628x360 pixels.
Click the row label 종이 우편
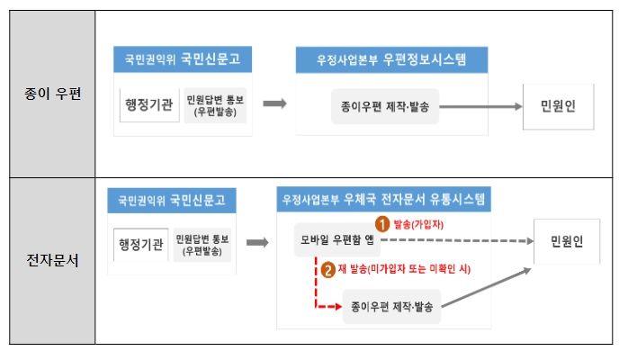point(52,94)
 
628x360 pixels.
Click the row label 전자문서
point(52,260)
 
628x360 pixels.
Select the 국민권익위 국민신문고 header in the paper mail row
point(183,59)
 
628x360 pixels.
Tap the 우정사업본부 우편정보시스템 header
point(391,60)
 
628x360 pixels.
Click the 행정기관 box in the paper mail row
point(149,105)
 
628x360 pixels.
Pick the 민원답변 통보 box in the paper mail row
point(215,105)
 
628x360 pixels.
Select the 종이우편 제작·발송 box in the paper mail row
point(385,106)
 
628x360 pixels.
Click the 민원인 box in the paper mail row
point(559,106)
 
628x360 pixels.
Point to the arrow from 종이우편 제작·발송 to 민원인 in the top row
point(480,106)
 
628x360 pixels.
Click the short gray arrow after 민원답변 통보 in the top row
point(274,103)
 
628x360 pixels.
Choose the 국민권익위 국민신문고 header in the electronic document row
point(172,200)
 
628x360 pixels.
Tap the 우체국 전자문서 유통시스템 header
point(383,199)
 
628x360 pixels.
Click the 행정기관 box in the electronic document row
point(141,245)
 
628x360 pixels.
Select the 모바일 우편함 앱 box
point(337,240)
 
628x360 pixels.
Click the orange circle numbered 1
point(382,224)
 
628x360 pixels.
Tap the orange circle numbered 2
point(328,269)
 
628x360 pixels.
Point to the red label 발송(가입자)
point(418,224)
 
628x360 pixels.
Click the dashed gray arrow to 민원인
point(457,240)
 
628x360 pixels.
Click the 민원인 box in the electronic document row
point(567,241)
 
